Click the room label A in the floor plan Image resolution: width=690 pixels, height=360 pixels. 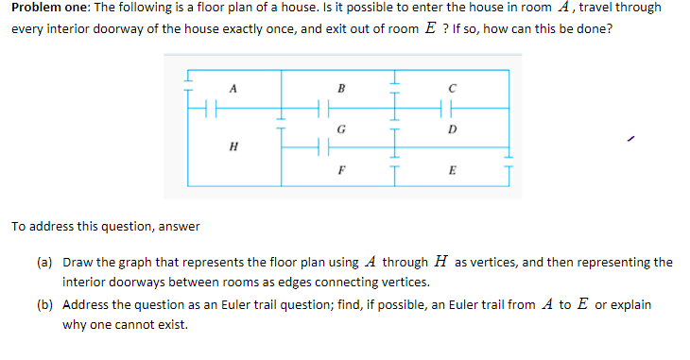tap(232, 90)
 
